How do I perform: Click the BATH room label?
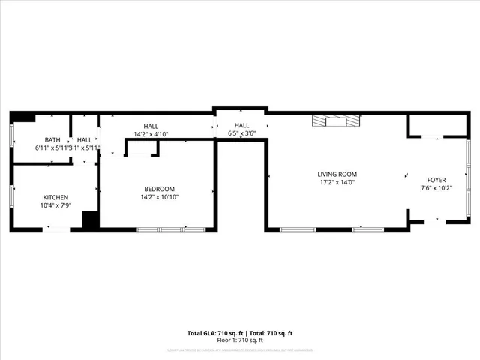[x=52, y=140]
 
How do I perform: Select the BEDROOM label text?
[x=160, y=189]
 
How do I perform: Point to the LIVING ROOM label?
[x=337, y=174]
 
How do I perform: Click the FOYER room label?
[x=436, y=180]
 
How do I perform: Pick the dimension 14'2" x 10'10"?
[x=160, y=197]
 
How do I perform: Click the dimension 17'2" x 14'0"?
[x=337, y=182]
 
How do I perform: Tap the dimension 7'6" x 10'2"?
[x=436, y=188]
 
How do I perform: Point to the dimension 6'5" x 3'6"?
[x=241, y=133]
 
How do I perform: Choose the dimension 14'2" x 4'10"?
[x=151, y=134]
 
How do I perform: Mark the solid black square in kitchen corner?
[x=91, y=220]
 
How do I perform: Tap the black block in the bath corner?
[x=24, y=118]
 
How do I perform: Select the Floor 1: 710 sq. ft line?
[x=240, y=340]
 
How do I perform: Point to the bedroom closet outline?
[x=142, y=148]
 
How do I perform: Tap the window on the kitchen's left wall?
[x=11, y=196]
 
